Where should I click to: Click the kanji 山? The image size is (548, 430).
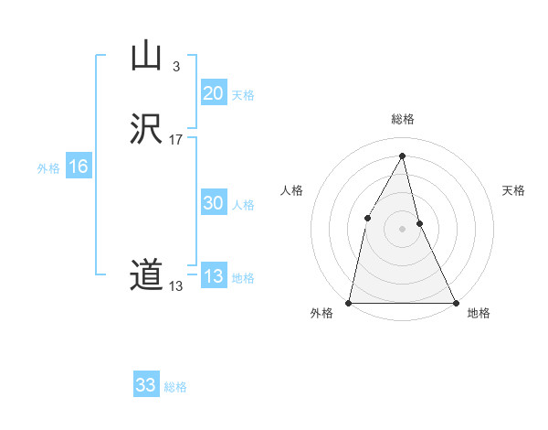click(146, 57)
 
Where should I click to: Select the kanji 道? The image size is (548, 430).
click(146, 275)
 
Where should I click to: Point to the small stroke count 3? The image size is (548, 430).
click(175, 66)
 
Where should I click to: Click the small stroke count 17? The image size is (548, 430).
click(176, 140)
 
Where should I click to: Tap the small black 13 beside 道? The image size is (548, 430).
click(175, 286)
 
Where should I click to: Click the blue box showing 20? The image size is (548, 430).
click(213, 93)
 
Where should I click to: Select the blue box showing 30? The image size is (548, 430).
click(213, 203)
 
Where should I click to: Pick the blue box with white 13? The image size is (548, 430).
click(213, 276)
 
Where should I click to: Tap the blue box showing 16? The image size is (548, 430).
click(78, 167)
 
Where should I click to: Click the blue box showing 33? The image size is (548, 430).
click(146, 385)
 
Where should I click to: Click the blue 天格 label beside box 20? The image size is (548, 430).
click(243, 95)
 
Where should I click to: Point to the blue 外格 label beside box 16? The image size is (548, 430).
click(48, 168)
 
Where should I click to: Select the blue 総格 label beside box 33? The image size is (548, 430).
click(175, 387)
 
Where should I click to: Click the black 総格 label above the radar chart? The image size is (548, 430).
click(403, 119)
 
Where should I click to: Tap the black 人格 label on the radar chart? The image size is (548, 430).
click(291, 190)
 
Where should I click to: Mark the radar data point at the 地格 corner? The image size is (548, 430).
click(456, 302)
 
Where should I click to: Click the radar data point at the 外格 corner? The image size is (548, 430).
click(349, 302)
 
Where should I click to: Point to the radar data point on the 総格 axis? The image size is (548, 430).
click(403, 155)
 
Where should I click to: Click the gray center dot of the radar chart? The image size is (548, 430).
click(403, 228)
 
